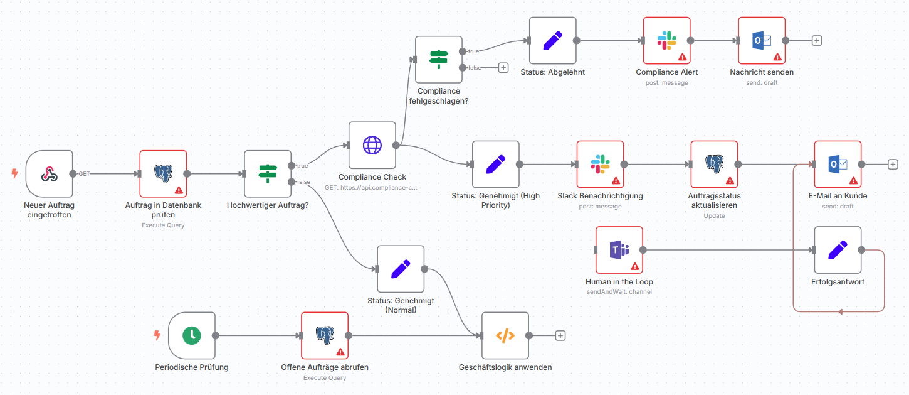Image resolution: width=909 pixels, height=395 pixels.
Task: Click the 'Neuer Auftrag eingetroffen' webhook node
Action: (x=50, y=174)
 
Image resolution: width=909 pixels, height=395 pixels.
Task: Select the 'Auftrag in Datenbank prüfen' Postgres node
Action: (x=163, y=174)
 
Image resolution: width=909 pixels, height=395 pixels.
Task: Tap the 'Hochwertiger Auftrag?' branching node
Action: (x=268, y=174)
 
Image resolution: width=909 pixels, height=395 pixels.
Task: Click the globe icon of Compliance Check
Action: (x=372, y=146)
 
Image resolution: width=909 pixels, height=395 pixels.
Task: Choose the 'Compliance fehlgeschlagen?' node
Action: (x=439, y=60)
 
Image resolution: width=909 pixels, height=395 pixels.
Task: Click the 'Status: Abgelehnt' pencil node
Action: (x=552, y=41)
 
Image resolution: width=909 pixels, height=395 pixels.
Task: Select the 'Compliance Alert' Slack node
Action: (x=666, y=41)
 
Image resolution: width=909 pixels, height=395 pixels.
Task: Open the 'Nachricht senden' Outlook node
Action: (x=762, y=41)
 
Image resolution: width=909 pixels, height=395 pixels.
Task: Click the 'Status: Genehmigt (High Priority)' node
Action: (x=495, y=165)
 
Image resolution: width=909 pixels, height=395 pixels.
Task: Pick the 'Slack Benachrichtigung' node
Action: (x=600, y=165)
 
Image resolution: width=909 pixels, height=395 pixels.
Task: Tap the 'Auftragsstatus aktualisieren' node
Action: (x=714, y=165)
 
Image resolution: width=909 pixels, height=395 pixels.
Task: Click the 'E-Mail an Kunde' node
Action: (x=838, y=165)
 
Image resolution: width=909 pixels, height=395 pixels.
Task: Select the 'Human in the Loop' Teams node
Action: (x=619, y=250)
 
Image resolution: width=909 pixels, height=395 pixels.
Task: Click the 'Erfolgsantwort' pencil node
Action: (x=838, y=250)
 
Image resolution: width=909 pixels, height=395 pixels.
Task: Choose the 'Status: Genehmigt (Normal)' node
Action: (x=401, y=269)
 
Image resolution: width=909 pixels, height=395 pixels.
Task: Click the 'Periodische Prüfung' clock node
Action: (x=191, y=335)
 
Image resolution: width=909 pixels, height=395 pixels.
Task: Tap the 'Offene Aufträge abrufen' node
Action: (x=324, y=335)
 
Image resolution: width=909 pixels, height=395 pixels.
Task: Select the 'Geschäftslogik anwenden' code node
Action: (x=505, y=335)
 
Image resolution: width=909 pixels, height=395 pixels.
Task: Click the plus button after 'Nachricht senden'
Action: (x=817, y=41)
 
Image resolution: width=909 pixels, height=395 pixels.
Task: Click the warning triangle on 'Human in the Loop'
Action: (x=634, y=266)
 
